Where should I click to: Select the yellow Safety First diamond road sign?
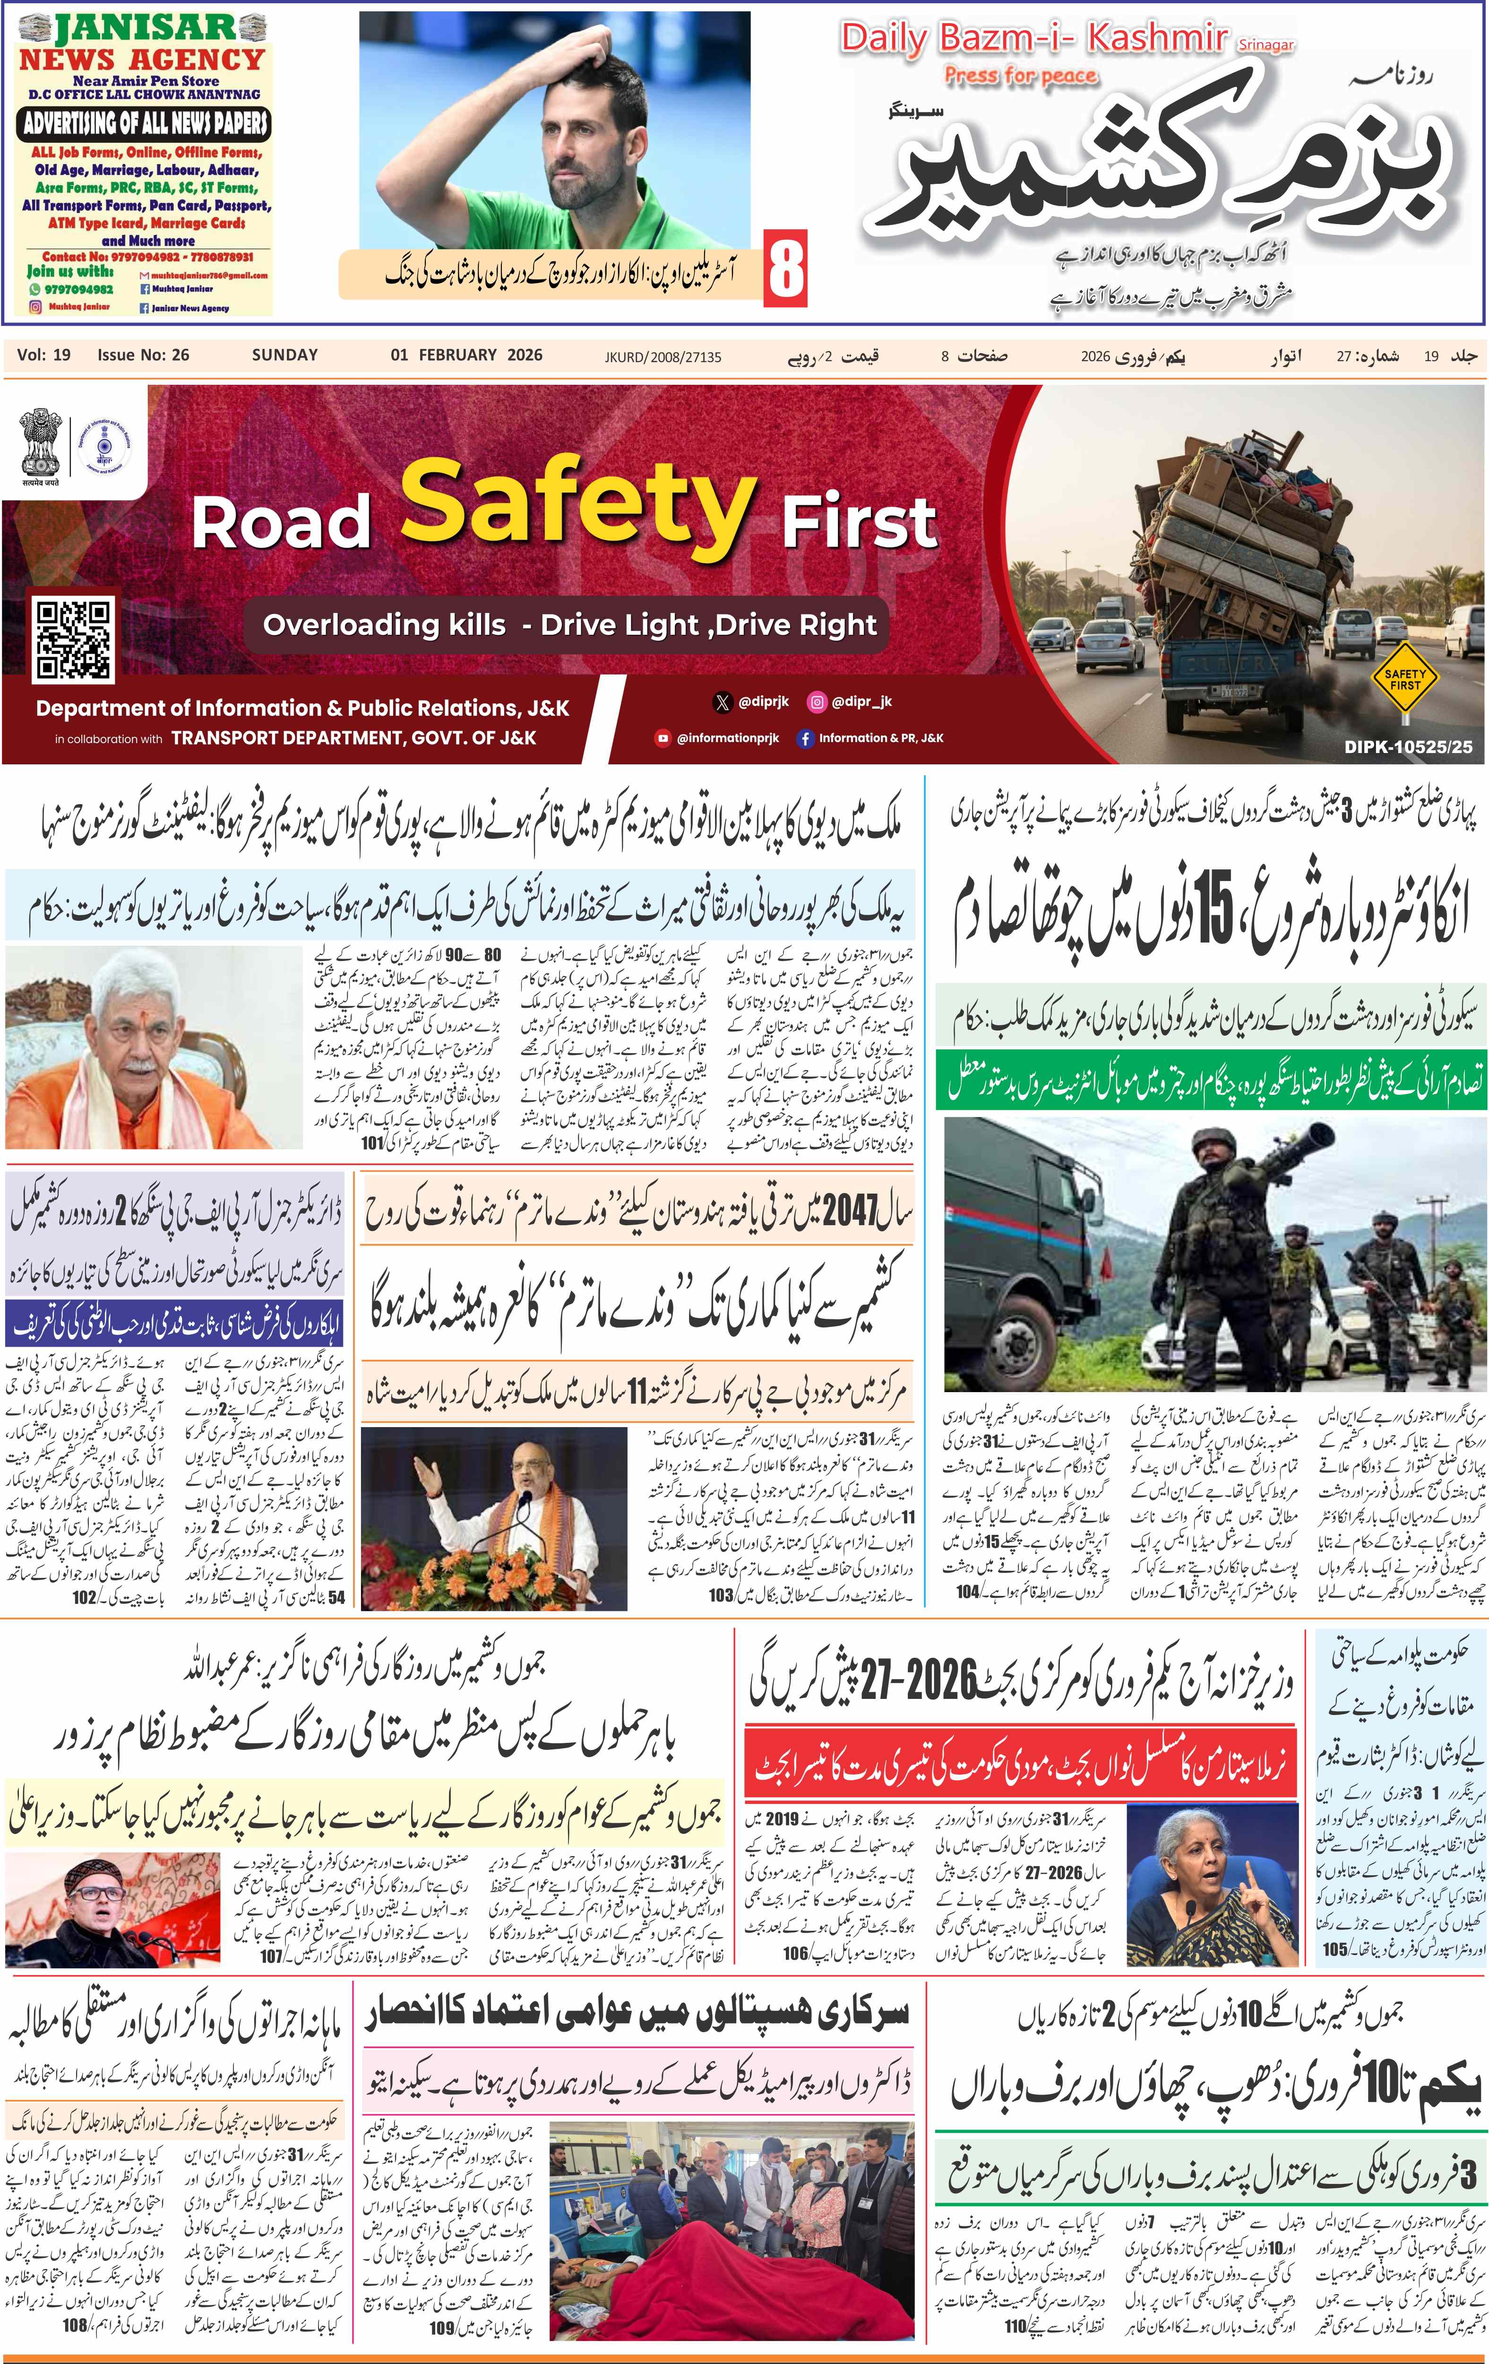point(1403,678)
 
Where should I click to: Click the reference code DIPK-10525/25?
point(1408,746)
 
